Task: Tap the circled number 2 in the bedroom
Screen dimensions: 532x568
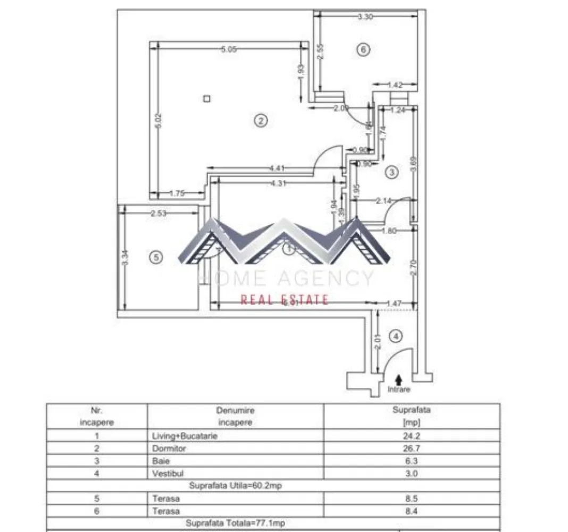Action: (x=260, y=121)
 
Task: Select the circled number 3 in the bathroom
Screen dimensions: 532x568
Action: (x=391, y=172)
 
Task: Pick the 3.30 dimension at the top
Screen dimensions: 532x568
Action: (x=365, y=17)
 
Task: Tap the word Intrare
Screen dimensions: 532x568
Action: (x=399, y=389)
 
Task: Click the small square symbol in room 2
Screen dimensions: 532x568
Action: (x=207, y=98)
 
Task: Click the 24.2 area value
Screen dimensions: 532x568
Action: (x=411, y=436)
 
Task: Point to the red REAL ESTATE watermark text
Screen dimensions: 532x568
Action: (x=284, y=300)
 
